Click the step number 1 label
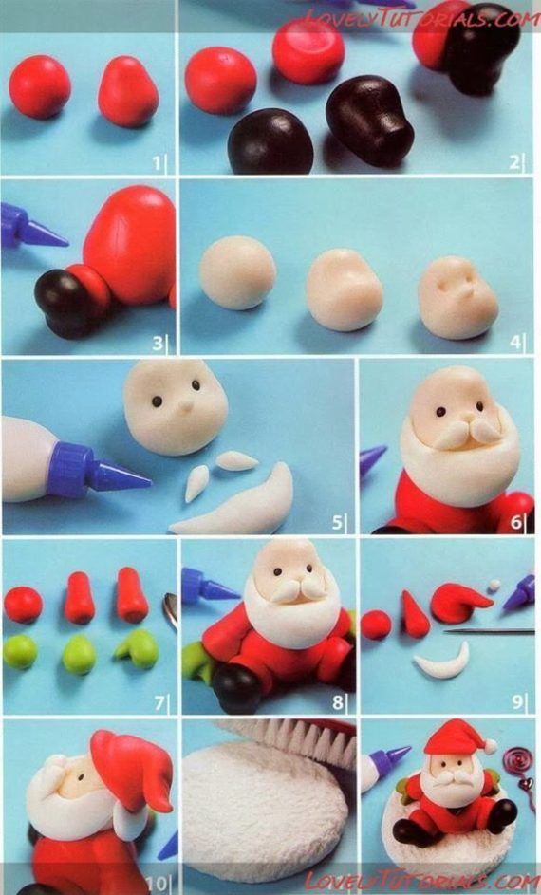click(157, 164)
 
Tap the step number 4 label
click(515, 343)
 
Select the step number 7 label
click(159, 703)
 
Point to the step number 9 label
click(516, 702)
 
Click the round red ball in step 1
click(40, 86)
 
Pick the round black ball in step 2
click(270, 141)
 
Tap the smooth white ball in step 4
click(237, 272)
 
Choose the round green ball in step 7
click(20, 652)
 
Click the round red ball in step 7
click(23, 605)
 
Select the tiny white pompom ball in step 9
click(494, 585)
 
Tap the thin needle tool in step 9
click(489, 631)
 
